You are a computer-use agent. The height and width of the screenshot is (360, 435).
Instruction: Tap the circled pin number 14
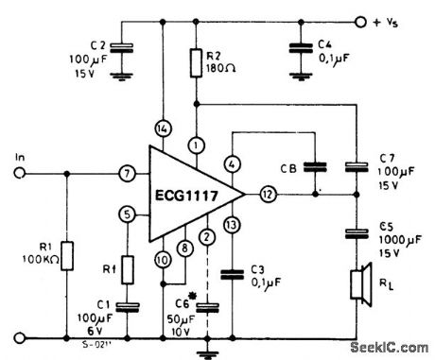[162, 127]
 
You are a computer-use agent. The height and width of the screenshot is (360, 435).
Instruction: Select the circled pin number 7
[126, 174]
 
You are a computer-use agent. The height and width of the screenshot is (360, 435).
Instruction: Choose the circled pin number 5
[126, 214]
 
